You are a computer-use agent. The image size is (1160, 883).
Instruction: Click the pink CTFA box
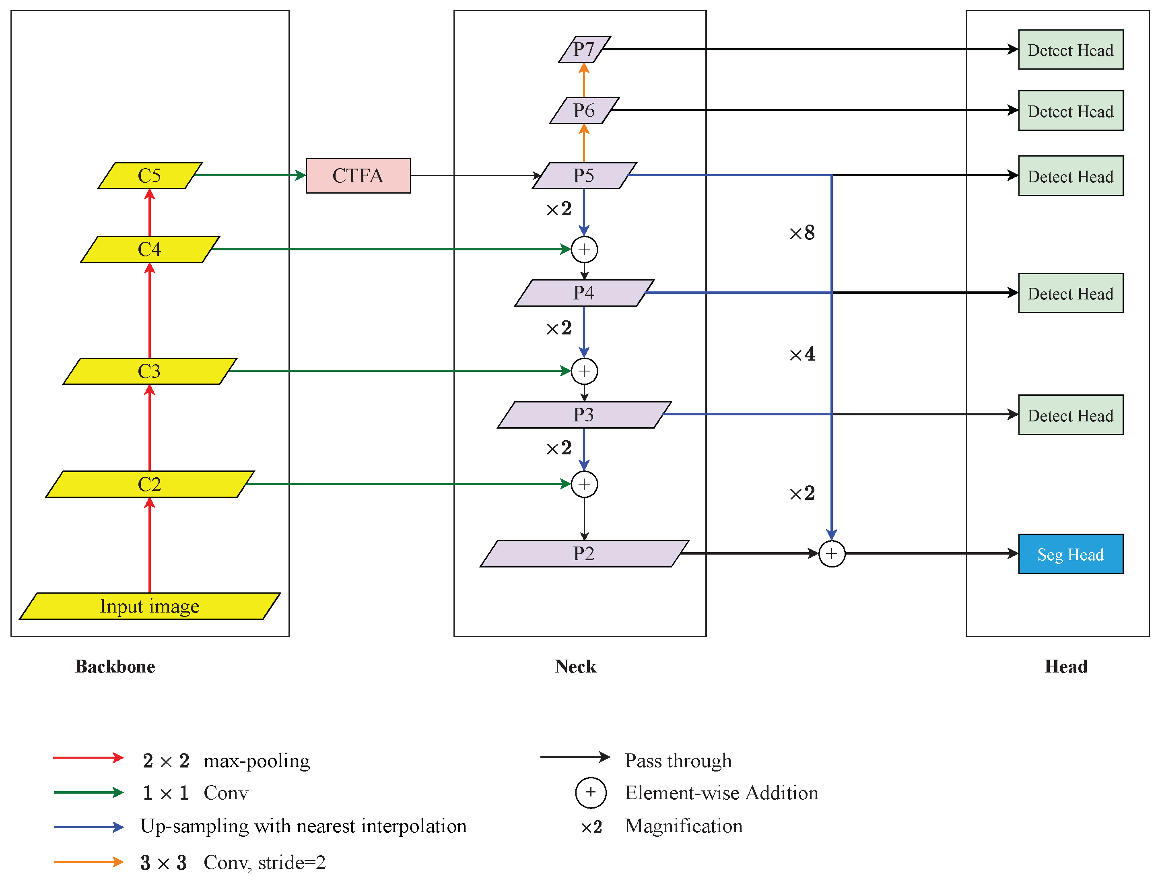click(x=358, y=175)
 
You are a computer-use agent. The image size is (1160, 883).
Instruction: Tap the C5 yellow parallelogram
click(x=150, y=175)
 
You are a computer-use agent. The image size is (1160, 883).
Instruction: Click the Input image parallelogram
click(x=150, y=606)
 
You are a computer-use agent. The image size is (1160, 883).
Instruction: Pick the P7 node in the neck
click(x=584, y=50)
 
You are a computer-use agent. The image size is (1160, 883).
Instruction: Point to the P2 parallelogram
click(x=584, y=553)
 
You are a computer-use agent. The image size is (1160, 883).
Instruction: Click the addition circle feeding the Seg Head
click(x=831, y=553)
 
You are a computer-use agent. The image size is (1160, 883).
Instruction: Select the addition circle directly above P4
click(x=584, y=249)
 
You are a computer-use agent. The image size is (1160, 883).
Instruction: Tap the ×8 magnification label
click(x=802, y=232)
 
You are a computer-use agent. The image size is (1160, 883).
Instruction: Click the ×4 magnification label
click(x=802, y=354)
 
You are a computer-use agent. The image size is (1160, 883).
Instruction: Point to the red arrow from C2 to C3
click(x=150, y=428)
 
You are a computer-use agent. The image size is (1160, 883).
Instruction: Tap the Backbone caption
click(x=115, y=666)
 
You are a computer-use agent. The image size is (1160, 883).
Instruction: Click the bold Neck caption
click(x=575, y=666)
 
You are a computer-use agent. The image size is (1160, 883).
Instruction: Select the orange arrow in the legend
click(x=88, y=862)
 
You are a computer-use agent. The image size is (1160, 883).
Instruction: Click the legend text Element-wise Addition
click(x=721, y=792)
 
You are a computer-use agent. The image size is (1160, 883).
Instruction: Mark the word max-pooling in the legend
click(x=256, y=761)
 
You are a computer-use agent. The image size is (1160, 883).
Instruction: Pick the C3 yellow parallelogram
click(x=150, y=371)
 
